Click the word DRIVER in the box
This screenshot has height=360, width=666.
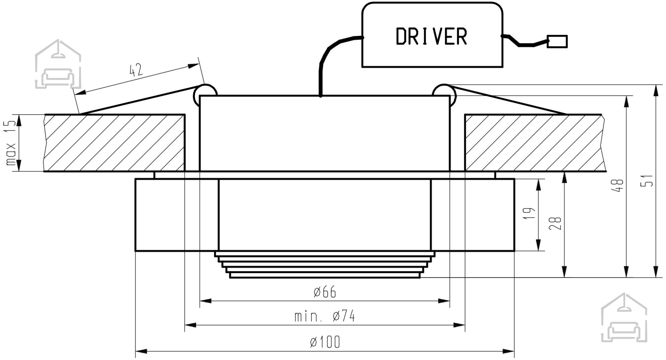tap(432, 36)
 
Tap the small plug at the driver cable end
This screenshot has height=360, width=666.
tap(557, 41)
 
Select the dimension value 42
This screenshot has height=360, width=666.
tap(136, 70)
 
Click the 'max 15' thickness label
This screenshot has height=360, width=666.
tap(11, 143)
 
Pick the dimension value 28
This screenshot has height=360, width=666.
tap(556, 223)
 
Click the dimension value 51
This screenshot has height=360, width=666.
tap(647, 181)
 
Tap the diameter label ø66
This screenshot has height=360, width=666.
tap(325, 292)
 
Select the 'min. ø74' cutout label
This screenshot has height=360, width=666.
tap(325, 316)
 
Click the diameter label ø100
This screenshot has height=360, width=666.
tap(325, 342)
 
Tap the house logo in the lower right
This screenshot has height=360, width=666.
tap(624, 318)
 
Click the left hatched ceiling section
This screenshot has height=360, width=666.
tap(115, 143)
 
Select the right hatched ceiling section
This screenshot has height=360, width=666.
tap(534, 143)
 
